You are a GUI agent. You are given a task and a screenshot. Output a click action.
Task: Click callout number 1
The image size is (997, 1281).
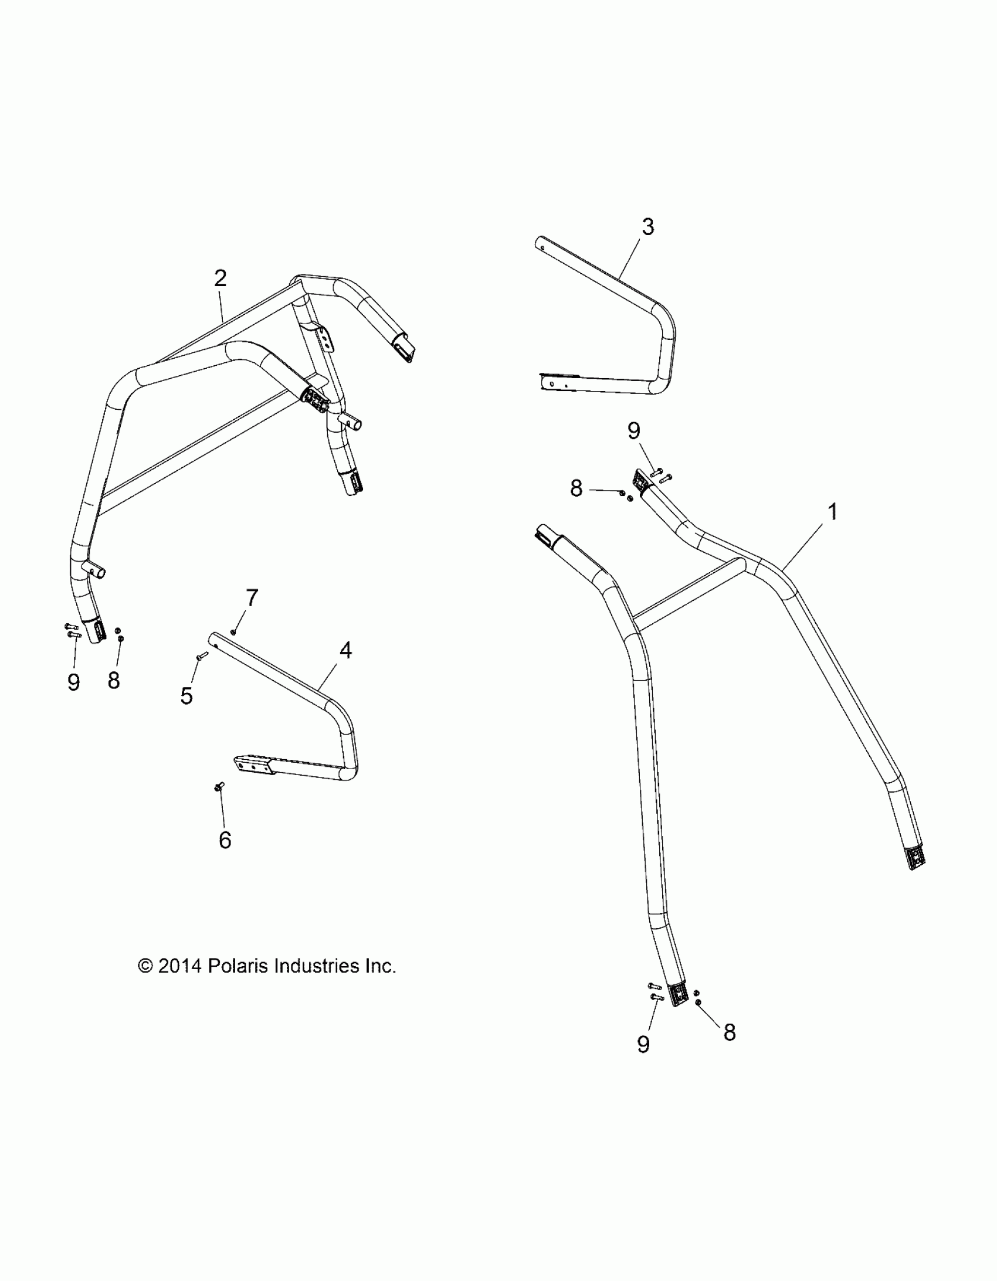tap(832, 512)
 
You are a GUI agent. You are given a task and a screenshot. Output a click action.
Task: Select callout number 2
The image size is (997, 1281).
tap(220, 278)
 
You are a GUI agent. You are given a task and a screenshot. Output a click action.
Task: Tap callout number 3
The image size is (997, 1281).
tap(647, 226)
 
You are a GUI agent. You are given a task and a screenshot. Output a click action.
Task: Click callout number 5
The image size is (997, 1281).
tap(186, 696)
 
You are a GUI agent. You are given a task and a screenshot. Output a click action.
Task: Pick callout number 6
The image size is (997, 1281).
tap(225, 840)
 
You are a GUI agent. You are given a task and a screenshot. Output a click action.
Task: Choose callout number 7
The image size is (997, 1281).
tap(251, 598)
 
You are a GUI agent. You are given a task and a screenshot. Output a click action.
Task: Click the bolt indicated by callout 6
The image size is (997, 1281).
tap(221, 787)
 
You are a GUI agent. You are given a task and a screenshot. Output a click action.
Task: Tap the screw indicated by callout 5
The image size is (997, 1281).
tap(202, 656)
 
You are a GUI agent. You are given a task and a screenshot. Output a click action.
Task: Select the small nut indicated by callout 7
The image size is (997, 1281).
tap(233, 631)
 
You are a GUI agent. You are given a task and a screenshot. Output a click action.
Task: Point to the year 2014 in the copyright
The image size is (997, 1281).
tap(179, 966)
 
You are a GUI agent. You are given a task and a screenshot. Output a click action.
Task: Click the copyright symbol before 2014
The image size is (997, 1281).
tap(145, 966)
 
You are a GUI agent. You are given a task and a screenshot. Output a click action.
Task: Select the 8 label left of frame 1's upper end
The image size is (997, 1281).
tap(577, 488)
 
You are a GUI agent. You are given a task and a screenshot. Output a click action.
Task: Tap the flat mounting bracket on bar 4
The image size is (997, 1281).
tap(253, 766)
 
